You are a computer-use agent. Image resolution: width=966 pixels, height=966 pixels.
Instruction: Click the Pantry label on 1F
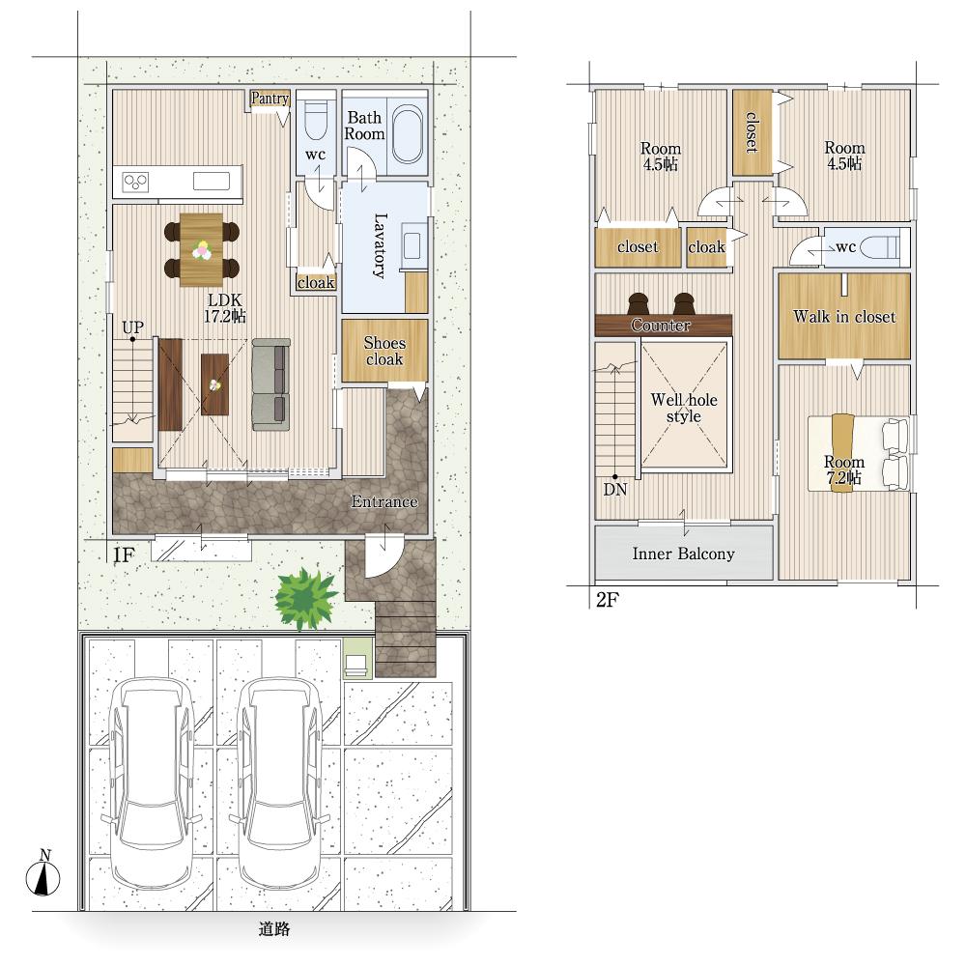(x=270, y=98)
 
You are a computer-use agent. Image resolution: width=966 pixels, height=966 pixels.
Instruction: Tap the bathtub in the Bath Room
(x=408, y=133)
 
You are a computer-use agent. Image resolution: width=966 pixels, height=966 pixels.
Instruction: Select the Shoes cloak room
(x=384, y=351)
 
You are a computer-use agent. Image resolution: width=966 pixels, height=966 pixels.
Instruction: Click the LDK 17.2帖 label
(x=225, y=308)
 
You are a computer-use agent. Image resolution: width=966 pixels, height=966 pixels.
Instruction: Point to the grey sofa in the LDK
(x=271, y=384)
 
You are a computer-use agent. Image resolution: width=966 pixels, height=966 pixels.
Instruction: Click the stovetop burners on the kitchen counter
(x=135, y=182)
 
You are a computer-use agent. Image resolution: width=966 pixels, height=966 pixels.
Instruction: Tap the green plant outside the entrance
(x=305, y=598)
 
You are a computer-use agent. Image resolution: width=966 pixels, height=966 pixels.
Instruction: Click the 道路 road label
(x=273, y=928)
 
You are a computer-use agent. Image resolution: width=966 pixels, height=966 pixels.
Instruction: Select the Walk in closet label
(x=844, y=317)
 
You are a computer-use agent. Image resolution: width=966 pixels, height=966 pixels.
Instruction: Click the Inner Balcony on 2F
(x=684, y=553)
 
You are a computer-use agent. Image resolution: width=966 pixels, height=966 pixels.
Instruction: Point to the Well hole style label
(x=684, y=408)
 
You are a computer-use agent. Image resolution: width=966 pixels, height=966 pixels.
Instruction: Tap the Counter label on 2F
(x=661, y=325)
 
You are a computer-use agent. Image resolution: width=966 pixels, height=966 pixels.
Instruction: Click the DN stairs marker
(x=614, y=489)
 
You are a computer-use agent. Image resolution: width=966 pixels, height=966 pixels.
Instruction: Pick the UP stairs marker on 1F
(x=132, y=327)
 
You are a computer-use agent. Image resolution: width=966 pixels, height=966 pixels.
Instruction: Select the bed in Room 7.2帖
(x=859, y=453)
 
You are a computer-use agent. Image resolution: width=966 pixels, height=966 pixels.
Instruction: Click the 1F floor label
(x=124, y=555)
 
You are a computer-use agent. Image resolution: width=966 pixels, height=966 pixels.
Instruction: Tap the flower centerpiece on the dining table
(x=202, y=250)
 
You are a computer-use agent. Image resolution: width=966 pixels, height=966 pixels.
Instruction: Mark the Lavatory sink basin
(x=411, y=246)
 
